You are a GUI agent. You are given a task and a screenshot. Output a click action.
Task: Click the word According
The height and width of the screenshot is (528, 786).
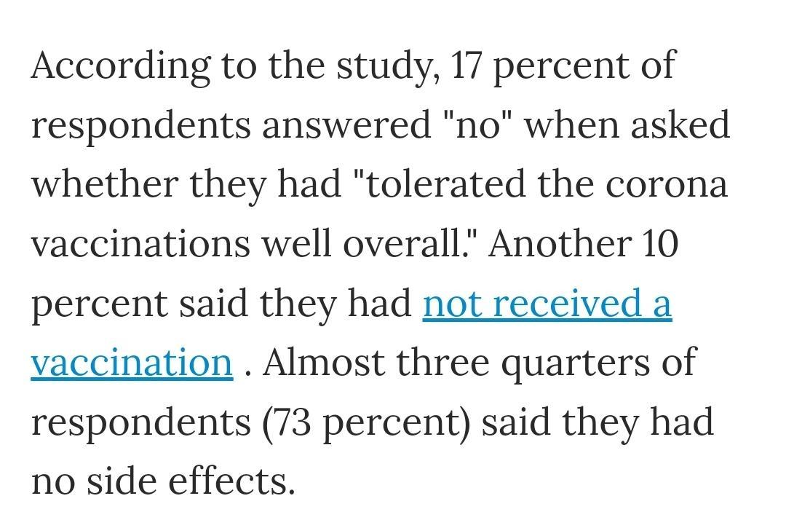[121, 67]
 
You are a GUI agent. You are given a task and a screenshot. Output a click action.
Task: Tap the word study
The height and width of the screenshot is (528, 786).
[386, 67]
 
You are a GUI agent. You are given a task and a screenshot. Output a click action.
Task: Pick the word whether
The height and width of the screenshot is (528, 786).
[105, 184]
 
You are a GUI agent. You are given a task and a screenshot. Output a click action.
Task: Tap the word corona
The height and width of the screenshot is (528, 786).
[666, 184]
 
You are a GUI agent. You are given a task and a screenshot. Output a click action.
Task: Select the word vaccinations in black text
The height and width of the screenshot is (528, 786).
[140, 244]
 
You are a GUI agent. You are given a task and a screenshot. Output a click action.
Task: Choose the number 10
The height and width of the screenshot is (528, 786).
[659, 244]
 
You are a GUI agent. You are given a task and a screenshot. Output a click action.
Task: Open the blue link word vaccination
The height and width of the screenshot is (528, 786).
[132, 362]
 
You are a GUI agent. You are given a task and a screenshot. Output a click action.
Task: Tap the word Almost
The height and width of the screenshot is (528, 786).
[324, 362]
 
